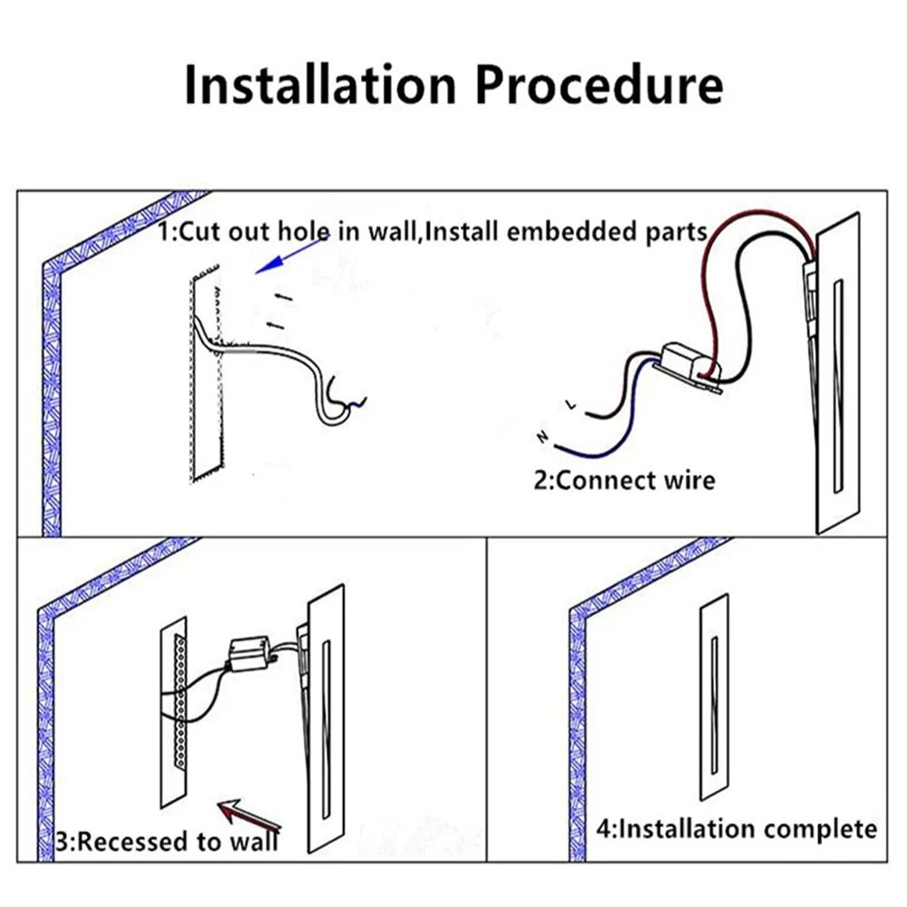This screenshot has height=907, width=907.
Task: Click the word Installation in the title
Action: pyautogui.click(x=319, y=86)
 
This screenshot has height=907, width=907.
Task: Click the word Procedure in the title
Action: pyautogui.click(x=600, y=86)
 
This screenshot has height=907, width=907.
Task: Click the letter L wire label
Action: pyautogui.click(x=571, y=405)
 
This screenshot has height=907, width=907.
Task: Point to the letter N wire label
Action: pyautogui.click(x=542, y=438)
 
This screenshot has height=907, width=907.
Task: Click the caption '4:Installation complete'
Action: pyautogui.click(x=736, y=828)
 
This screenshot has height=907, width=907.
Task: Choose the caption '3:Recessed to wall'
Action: pyautogui.click(x=167, y=841)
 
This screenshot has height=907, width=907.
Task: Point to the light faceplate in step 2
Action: pyautogui.click(x=837, y=381)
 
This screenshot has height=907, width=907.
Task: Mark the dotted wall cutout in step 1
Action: pyautogui.click(x=205, y=372)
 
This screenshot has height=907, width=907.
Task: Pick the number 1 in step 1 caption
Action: pyautogui.click(x=164, y=232)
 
